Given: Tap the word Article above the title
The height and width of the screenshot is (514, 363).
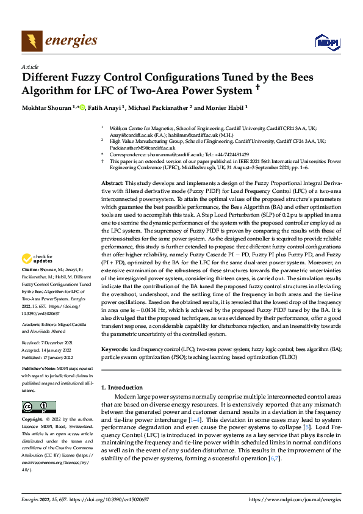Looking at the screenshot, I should pyautogui.click(x=29, y=67).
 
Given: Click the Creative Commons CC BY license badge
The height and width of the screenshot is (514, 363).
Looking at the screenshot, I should pyautogui.click(x=38, y=407).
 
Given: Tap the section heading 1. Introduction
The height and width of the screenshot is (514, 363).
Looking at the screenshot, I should pyautogui.click(x=124, y=387).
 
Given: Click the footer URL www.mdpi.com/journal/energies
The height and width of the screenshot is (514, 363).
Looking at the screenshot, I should pyautogui.click(x=295, y=499).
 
